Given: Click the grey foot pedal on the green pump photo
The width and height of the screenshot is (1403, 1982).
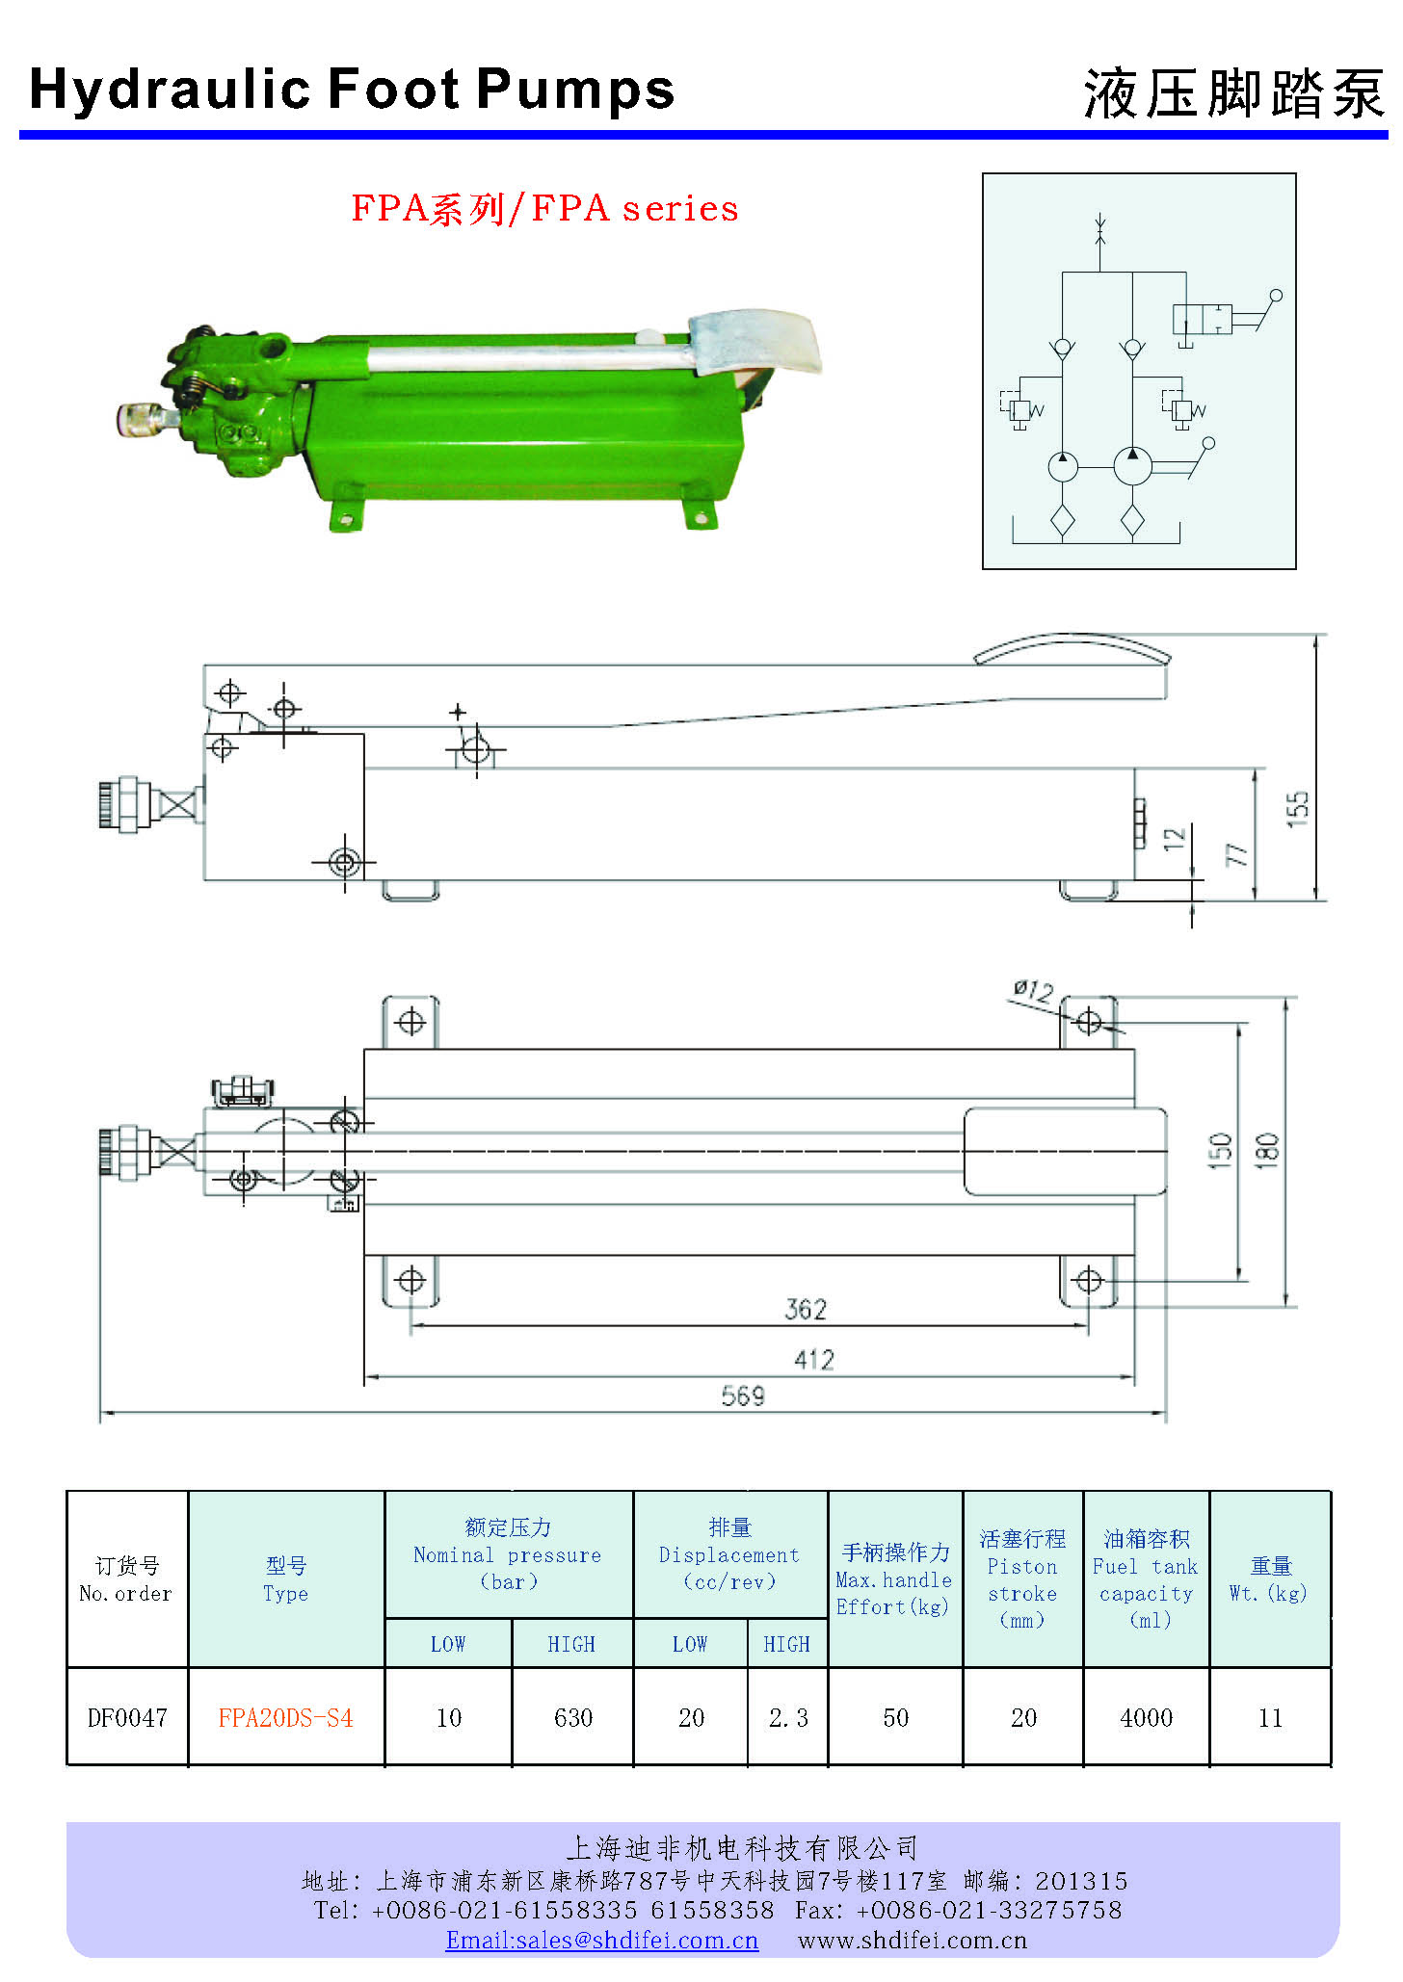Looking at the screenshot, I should [x=756, y=343].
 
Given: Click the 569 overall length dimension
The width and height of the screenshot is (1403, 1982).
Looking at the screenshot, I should [x=742, y=1395].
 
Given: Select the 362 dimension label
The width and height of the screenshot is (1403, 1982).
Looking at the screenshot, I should [x=806, y=1309].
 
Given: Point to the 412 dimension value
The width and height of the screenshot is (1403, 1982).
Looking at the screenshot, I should [x=813, y=1359].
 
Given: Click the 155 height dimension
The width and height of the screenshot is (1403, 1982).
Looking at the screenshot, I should [x=1298, y=808].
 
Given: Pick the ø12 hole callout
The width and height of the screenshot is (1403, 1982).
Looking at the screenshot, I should [x=1033, y=991].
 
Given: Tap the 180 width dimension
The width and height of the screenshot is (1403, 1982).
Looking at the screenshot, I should [x=1267, y=1151].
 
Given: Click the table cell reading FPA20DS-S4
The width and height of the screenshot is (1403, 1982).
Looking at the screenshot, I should [x=285, y=1718].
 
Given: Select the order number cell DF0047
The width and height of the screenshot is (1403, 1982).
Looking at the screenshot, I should [x=127, y=1718].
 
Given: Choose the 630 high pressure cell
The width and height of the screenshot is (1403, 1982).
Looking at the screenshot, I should [x=572, y=1718].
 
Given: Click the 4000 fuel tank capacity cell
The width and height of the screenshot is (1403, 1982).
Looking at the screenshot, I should [x=1146, y=1718].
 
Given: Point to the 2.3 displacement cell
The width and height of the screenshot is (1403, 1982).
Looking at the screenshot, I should [x=788, y=1718].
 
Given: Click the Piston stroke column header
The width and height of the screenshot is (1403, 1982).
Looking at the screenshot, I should [x=1022, y=1579].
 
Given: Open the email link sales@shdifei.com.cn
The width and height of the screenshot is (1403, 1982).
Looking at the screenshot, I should [x=601, y=1941].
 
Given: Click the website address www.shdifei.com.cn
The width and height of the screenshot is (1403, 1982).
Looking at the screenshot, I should [x=912, y=1941].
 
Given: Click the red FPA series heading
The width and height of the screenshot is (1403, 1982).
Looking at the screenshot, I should [x=544, y=208].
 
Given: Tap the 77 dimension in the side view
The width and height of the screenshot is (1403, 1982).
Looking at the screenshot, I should [x=1236, y=854].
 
